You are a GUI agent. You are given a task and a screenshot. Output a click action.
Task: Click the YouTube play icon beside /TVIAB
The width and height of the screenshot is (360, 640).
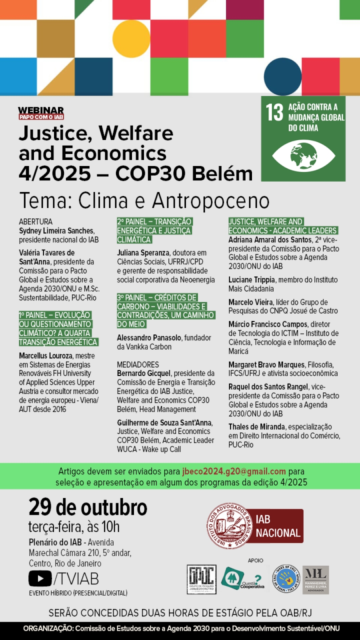point(40,578)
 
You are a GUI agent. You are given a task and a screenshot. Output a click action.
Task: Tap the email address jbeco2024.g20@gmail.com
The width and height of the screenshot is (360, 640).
point(234,471)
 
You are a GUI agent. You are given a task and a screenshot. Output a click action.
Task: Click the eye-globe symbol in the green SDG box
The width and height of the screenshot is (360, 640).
point(303,156)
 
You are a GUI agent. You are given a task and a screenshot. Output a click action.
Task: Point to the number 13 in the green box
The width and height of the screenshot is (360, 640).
point(274,112)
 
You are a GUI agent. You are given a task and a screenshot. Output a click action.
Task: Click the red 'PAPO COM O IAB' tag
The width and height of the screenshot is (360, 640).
point(41,117)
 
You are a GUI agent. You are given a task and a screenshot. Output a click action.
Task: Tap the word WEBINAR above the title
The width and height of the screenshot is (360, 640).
point(41,110)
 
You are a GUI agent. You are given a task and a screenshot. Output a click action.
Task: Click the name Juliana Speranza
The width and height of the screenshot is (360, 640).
point(143,253)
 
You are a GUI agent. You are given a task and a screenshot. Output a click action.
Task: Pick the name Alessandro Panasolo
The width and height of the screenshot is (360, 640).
point(149,338)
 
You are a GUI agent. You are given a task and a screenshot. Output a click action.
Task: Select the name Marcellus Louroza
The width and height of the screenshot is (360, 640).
point(46,356)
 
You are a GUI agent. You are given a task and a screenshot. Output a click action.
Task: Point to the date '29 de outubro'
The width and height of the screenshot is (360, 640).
point(88,507)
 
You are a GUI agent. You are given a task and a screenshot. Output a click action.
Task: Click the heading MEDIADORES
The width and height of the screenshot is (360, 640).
point(138,364)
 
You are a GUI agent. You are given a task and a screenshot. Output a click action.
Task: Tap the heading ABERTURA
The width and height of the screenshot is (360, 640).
point(36,222)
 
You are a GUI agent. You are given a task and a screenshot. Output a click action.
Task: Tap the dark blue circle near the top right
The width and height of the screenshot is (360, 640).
point(283,76)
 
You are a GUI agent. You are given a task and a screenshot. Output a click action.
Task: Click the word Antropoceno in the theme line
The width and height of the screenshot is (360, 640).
point(210,200)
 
